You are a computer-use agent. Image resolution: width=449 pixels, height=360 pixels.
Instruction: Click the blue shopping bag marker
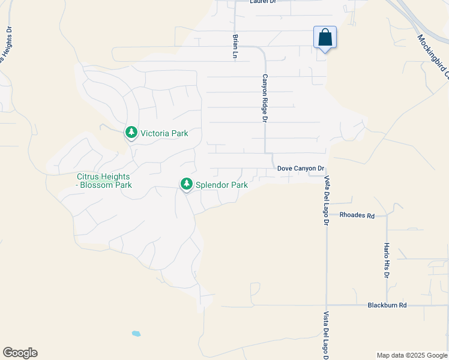[325, 38]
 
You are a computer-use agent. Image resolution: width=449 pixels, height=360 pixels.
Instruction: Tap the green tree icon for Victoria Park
[131, 132]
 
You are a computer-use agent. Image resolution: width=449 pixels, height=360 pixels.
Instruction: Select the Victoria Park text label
[164, 133]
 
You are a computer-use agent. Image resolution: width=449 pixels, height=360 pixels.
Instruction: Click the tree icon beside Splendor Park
[187, 184]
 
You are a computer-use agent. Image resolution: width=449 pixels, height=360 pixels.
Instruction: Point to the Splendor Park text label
[222, 185]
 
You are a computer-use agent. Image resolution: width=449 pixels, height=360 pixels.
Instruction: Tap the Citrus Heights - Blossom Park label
[104, 181]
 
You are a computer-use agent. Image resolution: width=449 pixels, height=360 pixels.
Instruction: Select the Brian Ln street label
[236, 46]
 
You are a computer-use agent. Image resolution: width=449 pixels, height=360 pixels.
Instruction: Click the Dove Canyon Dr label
[301, 169]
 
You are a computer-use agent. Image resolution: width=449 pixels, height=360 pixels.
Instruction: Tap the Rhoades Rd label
[357, 215]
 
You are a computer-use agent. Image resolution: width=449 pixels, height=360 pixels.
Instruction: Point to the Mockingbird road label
[433, 56]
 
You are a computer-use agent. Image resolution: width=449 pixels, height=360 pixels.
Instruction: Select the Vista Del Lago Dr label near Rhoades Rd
[327, 200]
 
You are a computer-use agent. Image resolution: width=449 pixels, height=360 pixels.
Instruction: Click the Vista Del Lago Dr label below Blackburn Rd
[327, 335]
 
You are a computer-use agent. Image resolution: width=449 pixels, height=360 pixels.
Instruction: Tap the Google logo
[20, 353]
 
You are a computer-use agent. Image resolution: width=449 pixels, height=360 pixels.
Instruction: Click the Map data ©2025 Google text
[411, 355]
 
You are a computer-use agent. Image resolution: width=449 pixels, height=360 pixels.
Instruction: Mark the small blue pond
[136, 333]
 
